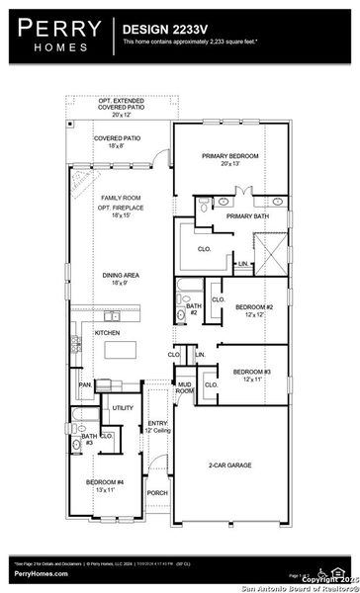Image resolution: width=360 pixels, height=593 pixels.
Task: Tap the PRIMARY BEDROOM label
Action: pyautogui.click(x=229, y=160)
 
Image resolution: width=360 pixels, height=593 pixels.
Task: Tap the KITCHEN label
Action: pyautogui.click(x=107, y=333)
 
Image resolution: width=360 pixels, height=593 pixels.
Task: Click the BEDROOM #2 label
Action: pyautogui.click(x=253, y=310)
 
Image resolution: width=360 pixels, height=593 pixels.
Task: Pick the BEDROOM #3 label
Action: pyautogui.click(x=250, y=375)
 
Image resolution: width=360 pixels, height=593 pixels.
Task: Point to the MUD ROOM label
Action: pyautogui.click(x=185, y=388)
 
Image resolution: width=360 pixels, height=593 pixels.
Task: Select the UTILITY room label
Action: pyautogui.click(x=123, y=407)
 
